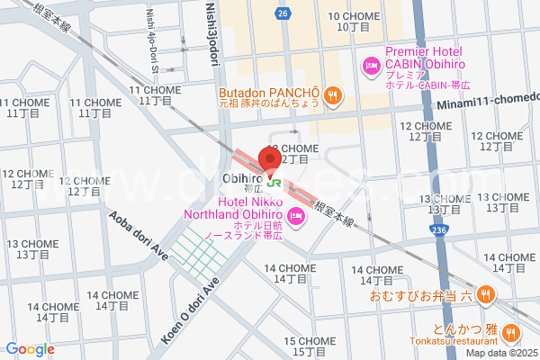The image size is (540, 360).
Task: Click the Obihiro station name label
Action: click(242, 180)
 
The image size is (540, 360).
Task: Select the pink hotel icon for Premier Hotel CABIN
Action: click(369, 65)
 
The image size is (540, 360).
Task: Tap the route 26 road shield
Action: click(283, 13)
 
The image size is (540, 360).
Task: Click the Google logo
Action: click(30, 349)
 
